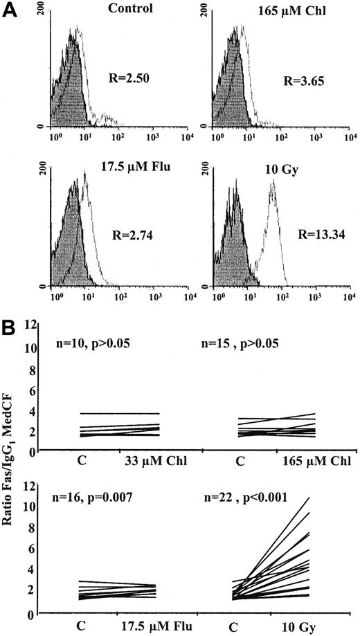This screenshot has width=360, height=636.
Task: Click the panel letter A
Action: (10, 10)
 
